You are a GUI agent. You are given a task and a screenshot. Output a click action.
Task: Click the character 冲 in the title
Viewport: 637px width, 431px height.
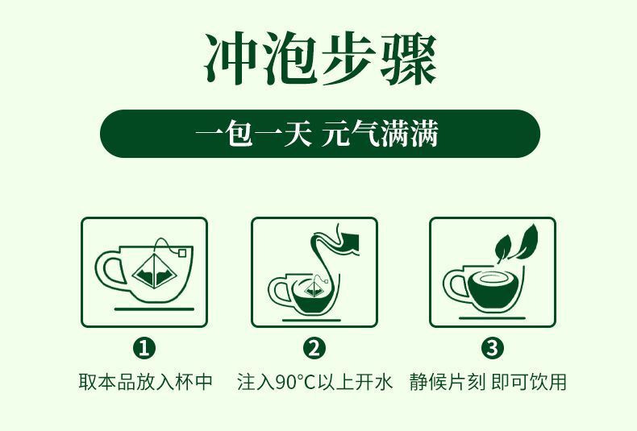[x=231, y=58]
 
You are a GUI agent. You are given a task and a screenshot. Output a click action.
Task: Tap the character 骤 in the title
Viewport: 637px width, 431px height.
[x=408, y=58]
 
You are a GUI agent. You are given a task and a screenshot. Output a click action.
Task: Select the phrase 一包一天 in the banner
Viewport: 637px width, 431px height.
[x=253, y=134]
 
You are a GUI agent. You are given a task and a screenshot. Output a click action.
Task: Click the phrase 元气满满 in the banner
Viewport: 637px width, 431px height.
[x=380, y=134]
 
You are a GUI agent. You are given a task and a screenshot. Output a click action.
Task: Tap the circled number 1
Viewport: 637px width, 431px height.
[x=144, y=348]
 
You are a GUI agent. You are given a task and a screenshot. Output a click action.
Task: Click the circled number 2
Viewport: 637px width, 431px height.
[x=314, y=348]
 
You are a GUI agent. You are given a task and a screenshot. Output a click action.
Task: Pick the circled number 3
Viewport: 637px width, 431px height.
[x=492, y=348]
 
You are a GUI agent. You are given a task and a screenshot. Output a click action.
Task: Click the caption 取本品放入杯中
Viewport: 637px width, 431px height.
[x=145, y=382]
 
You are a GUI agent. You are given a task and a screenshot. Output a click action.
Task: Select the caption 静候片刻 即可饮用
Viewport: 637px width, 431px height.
[x=488, y=382]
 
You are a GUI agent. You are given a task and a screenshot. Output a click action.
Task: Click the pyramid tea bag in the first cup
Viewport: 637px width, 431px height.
[x=155, y=271]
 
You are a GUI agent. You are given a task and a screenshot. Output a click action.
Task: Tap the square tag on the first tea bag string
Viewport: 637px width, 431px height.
[x=182, y=253]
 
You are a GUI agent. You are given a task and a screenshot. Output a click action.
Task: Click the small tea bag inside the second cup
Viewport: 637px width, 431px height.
[x=312, y=288]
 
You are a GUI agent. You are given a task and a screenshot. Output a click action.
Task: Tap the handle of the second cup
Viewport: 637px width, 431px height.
[x=278, y=290]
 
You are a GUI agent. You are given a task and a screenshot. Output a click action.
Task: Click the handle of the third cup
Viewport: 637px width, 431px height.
[x=456, y=285]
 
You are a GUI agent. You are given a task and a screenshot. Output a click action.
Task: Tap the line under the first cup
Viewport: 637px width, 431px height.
[x=154, y=309]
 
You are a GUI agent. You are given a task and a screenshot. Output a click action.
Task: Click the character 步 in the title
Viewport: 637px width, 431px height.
[x=348, y=58]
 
